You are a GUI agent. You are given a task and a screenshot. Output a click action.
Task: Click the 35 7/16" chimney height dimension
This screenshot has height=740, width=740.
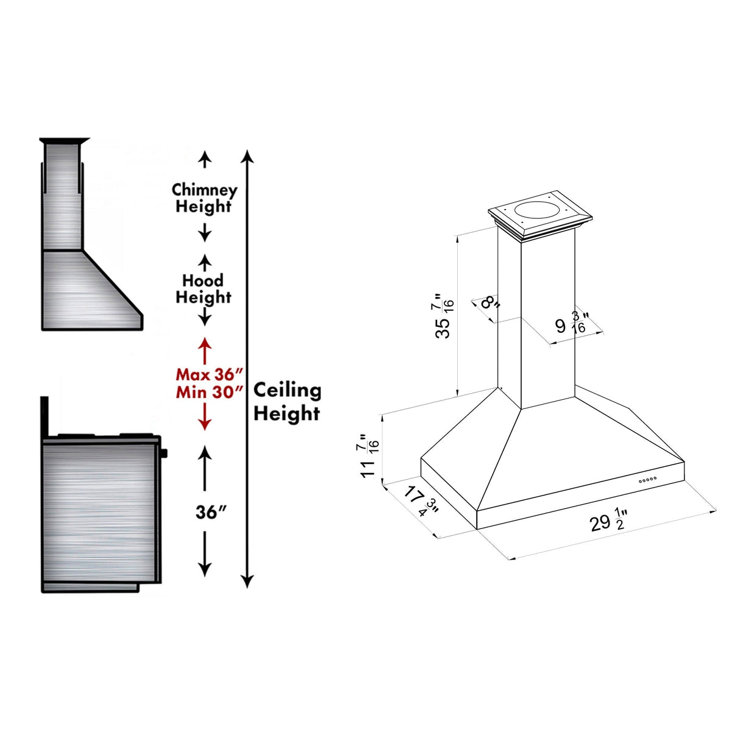pyautogui.click(x=444, y=315)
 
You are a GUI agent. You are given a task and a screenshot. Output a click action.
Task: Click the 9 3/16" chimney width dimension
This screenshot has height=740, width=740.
pyautogui.click(x=571, y=323)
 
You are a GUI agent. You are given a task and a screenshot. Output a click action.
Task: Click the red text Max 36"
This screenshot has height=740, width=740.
pyautogui.click(x=210, y=374)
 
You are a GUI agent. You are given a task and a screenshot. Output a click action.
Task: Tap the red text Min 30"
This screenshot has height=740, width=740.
pyautogui.click(x=210, y=392)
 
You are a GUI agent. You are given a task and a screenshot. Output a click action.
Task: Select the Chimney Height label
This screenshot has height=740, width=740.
pyautogui.click(x=204, y=198)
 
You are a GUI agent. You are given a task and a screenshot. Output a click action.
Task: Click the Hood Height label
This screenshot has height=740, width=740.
pyautogui.click(x=204, y=289)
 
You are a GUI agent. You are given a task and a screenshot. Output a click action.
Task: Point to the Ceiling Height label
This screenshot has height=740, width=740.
pyautogui.click(x=287, y=402)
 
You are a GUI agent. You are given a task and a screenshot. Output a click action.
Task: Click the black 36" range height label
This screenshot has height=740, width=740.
pyautogui.click(x=211, y=513)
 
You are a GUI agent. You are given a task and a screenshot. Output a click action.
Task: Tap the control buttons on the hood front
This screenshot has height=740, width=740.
pyautogui.click(x=647, y=480)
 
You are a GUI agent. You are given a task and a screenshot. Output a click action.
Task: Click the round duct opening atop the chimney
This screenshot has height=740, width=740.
pyautogui.click(x=536, y=212)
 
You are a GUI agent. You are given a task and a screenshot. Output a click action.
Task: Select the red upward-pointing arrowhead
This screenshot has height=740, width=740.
pyautogui.click(x=205, y=343)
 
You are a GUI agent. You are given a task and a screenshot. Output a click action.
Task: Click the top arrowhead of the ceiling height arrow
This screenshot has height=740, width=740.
pyautogui.click(x=247, y=156)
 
